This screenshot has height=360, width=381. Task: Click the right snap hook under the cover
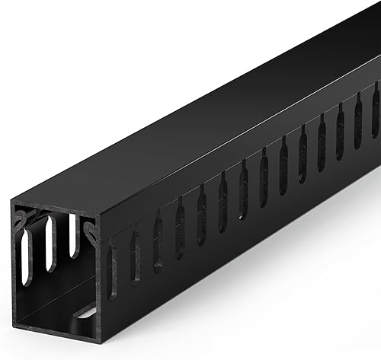point(91,230)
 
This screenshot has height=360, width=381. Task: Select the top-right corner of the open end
point(100,217)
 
